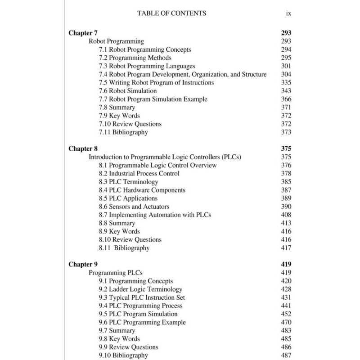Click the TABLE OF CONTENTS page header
171,13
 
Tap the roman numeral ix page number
288,13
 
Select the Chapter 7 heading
83,33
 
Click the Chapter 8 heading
83,148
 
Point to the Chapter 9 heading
83,264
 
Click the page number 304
286,74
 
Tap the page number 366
286,99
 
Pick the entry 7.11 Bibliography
123,132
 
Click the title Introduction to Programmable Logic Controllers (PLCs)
165,157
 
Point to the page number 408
286,215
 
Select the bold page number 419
286,264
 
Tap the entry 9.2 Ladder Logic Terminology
140,289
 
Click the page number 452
286,314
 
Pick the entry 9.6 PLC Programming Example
142,322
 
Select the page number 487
286,355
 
